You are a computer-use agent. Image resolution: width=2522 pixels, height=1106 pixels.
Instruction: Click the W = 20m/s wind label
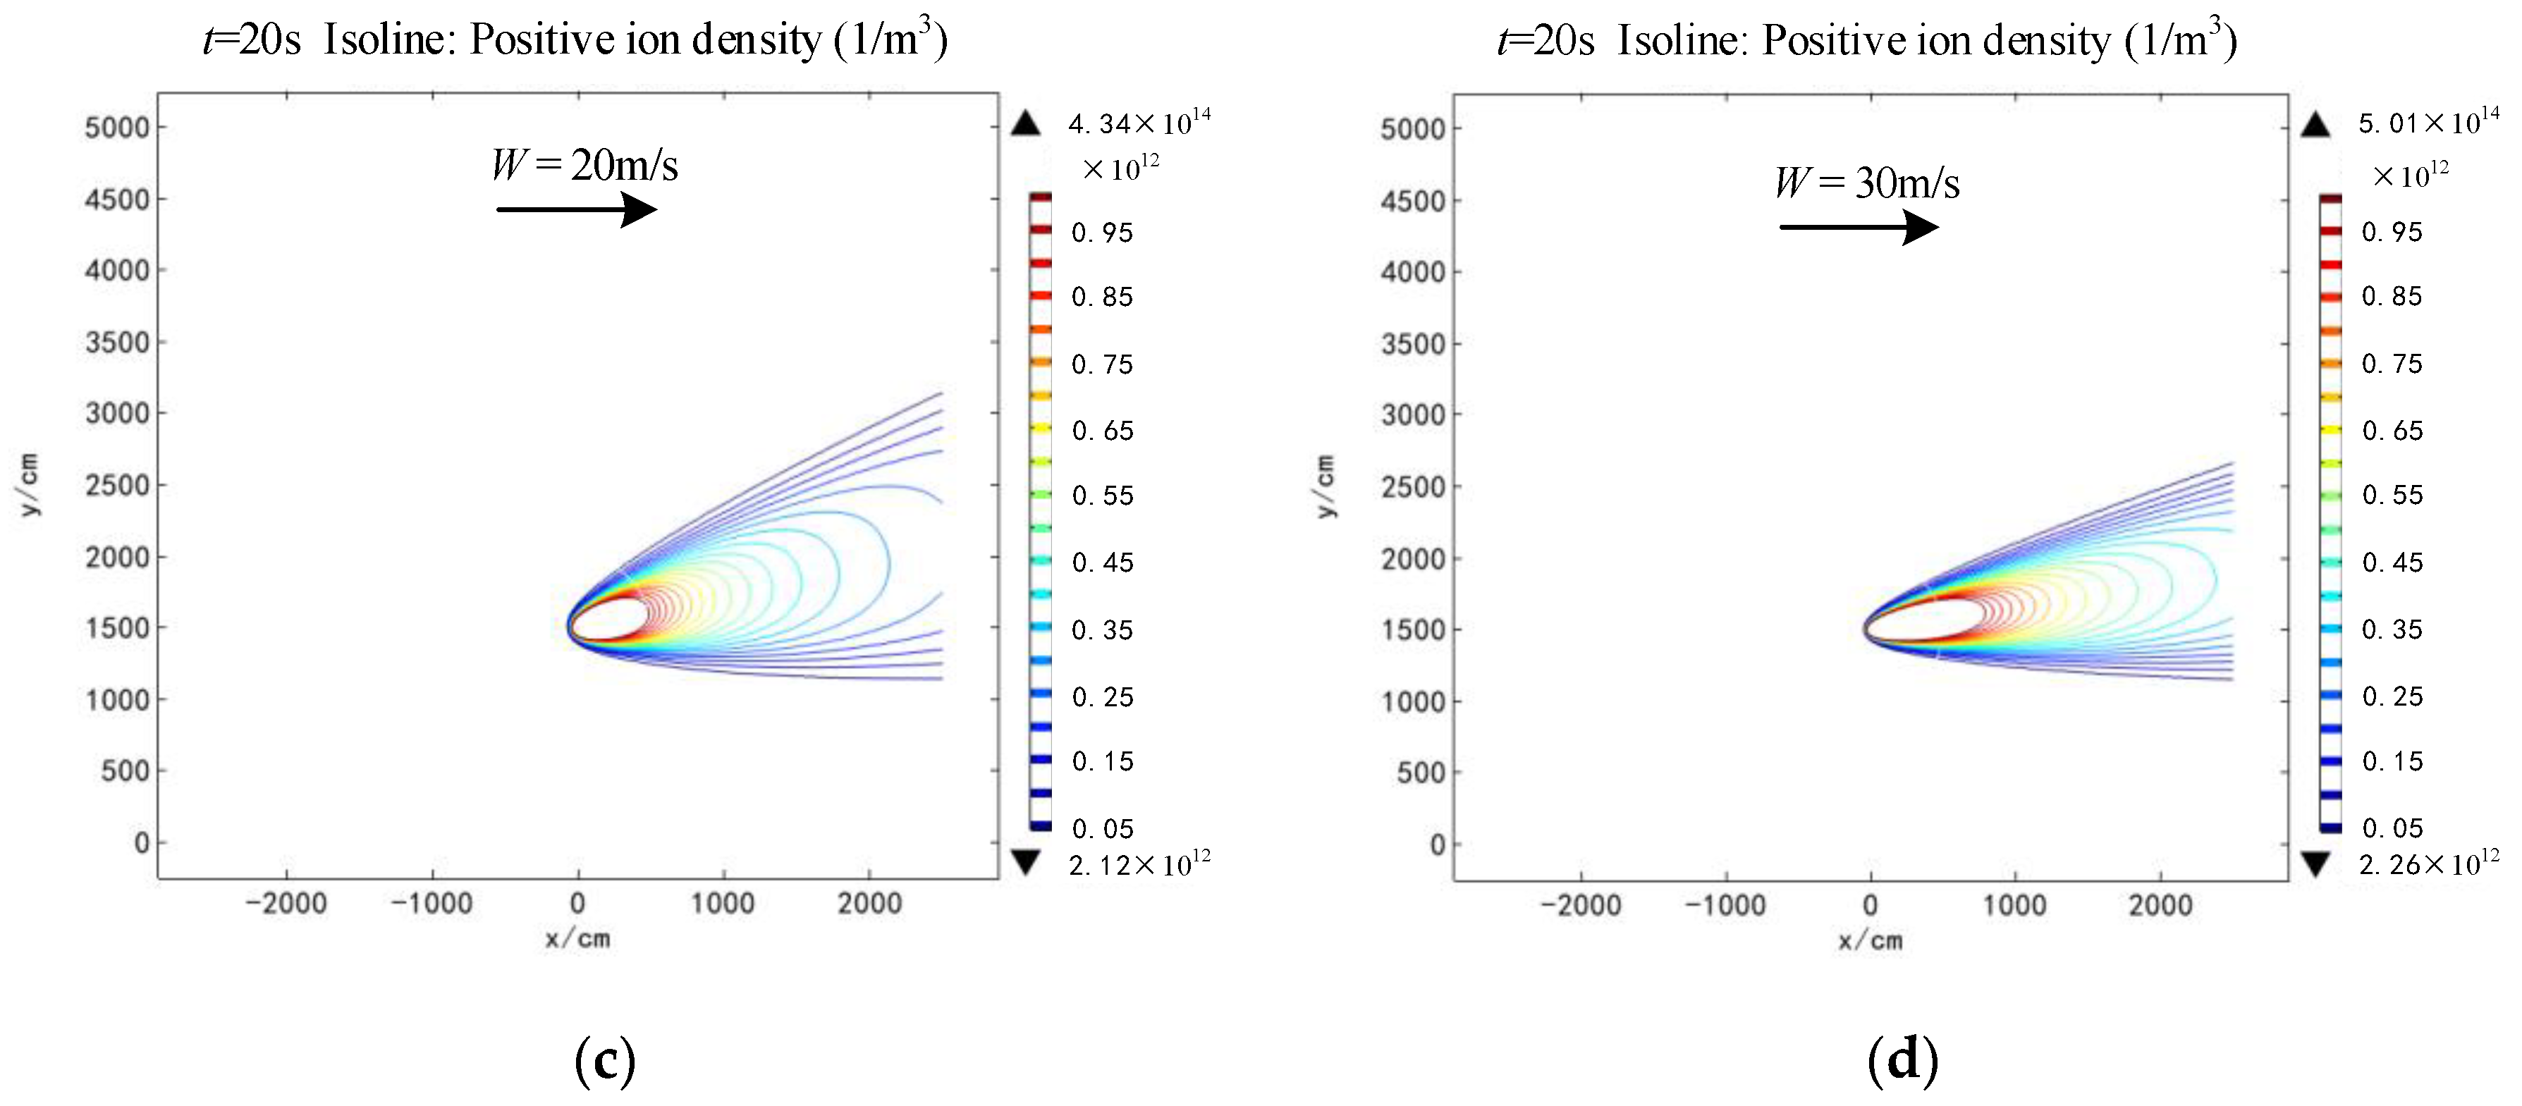(x=584, y=164)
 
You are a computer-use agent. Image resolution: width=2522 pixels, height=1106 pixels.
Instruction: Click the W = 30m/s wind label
(x=1867, y=183)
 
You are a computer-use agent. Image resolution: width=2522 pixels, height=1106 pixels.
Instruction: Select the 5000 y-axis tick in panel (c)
(x=116, y=128)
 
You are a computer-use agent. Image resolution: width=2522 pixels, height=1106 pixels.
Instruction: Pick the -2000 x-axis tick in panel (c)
(x=286, y=902)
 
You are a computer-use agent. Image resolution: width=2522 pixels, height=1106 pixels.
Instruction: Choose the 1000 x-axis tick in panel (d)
(x=2013, y=904)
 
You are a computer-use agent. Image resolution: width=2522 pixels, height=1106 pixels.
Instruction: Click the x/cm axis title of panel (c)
(x=577, y=939)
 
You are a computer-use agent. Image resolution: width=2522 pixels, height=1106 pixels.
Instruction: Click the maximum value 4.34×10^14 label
(x=1139, y=123)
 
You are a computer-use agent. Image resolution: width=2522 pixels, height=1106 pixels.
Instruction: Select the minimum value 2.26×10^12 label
(x=2428, y=864)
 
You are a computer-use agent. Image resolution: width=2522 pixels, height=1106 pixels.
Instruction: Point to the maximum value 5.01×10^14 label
(x=2428, y=123)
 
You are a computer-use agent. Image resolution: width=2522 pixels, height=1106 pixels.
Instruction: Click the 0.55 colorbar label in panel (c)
(x=1103, y=496)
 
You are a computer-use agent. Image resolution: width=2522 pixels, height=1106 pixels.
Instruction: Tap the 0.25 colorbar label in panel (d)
(x=2392, y=696)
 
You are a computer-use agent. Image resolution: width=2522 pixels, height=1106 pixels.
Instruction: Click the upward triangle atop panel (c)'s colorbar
(x=1025, y=123)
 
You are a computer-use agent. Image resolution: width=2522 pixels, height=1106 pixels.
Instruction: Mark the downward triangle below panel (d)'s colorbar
(x=2315, y=864)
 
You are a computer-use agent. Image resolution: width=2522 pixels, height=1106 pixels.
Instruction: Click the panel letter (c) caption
(x=604, y=1061)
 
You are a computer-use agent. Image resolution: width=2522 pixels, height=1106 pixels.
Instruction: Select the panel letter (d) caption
(x=1902, y=1061)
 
